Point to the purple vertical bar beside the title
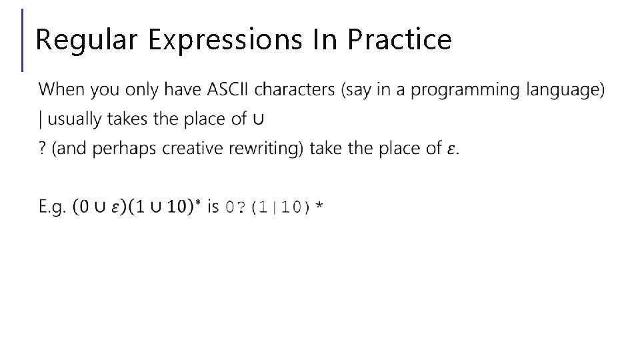(23, 39)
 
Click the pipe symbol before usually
(41, 119)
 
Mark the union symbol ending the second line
(259, 120)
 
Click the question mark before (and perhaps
(43, 148)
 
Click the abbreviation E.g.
(53, 207)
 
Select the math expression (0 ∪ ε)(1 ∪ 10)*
(137, 207)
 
